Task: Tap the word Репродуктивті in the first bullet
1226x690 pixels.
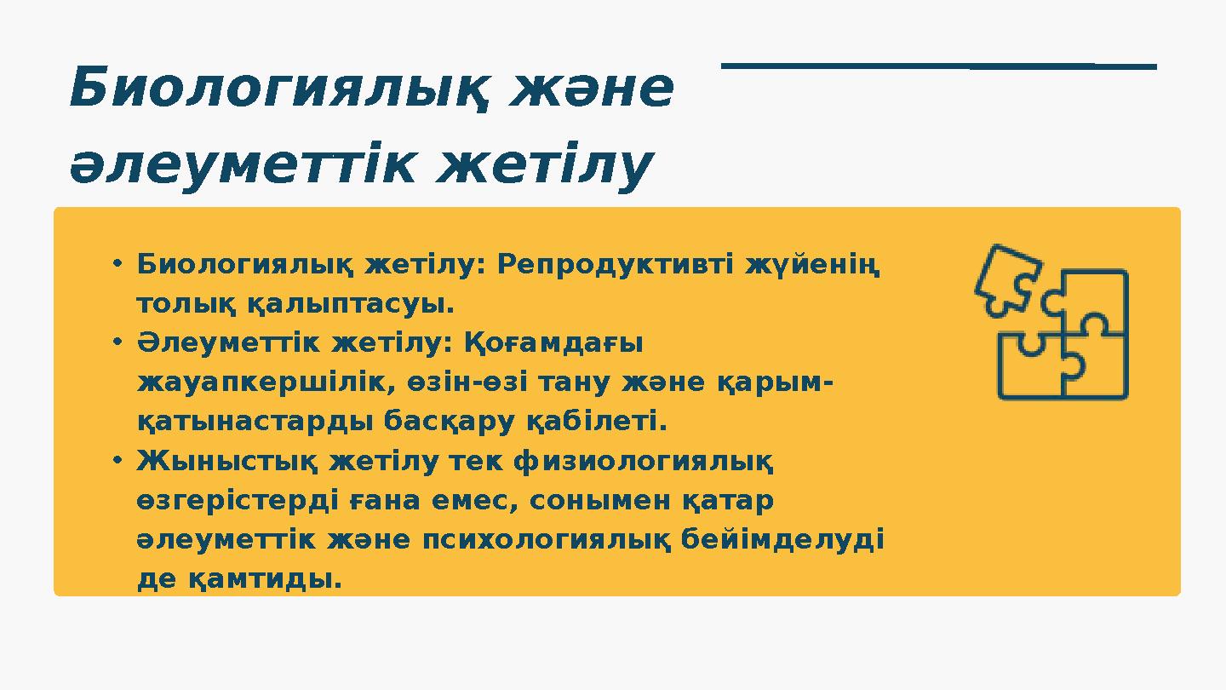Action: point(616,265)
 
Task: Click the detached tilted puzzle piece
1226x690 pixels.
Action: point(1006,279)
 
